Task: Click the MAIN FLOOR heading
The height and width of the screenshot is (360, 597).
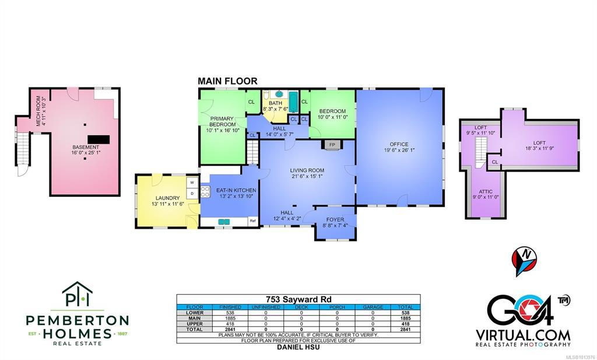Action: point(227,81)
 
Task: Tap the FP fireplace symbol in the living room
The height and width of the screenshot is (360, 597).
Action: point(332,145)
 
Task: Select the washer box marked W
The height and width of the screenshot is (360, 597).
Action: point(192,183)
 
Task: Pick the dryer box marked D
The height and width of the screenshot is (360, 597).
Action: point(192,193)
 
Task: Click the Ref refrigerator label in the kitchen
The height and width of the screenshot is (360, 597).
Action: point(252,221)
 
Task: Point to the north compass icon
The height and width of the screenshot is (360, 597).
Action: point(524,260)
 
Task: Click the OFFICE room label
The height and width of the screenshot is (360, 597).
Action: point(399,144)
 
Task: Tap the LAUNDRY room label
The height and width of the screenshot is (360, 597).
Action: point(167,198)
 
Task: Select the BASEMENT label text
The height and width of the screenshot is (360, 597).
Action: point(86,147)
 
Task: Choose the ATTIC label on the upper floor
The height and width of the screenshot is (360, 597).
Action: point(486,191)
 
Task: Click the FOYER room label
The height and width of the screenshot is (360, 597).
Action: point(335,219)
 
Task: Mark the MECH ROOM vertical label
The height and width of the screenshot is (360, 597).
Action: point(38,111)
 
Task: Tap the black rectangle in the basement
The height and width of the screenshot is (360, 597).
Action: point(99,139)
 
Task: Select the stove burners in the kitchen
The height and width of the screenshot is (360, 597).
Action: point(206,191)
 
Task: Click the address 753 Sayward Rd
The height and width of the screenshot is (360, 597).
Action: point(298,299)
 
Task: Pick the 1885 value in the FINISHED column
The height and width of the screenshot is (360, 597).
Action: point(230,318)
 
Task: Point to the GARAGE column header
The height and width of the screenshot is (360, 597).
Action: point(373,307)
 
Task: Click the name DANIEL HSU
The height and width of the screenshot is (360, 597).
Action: point(298,347)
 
